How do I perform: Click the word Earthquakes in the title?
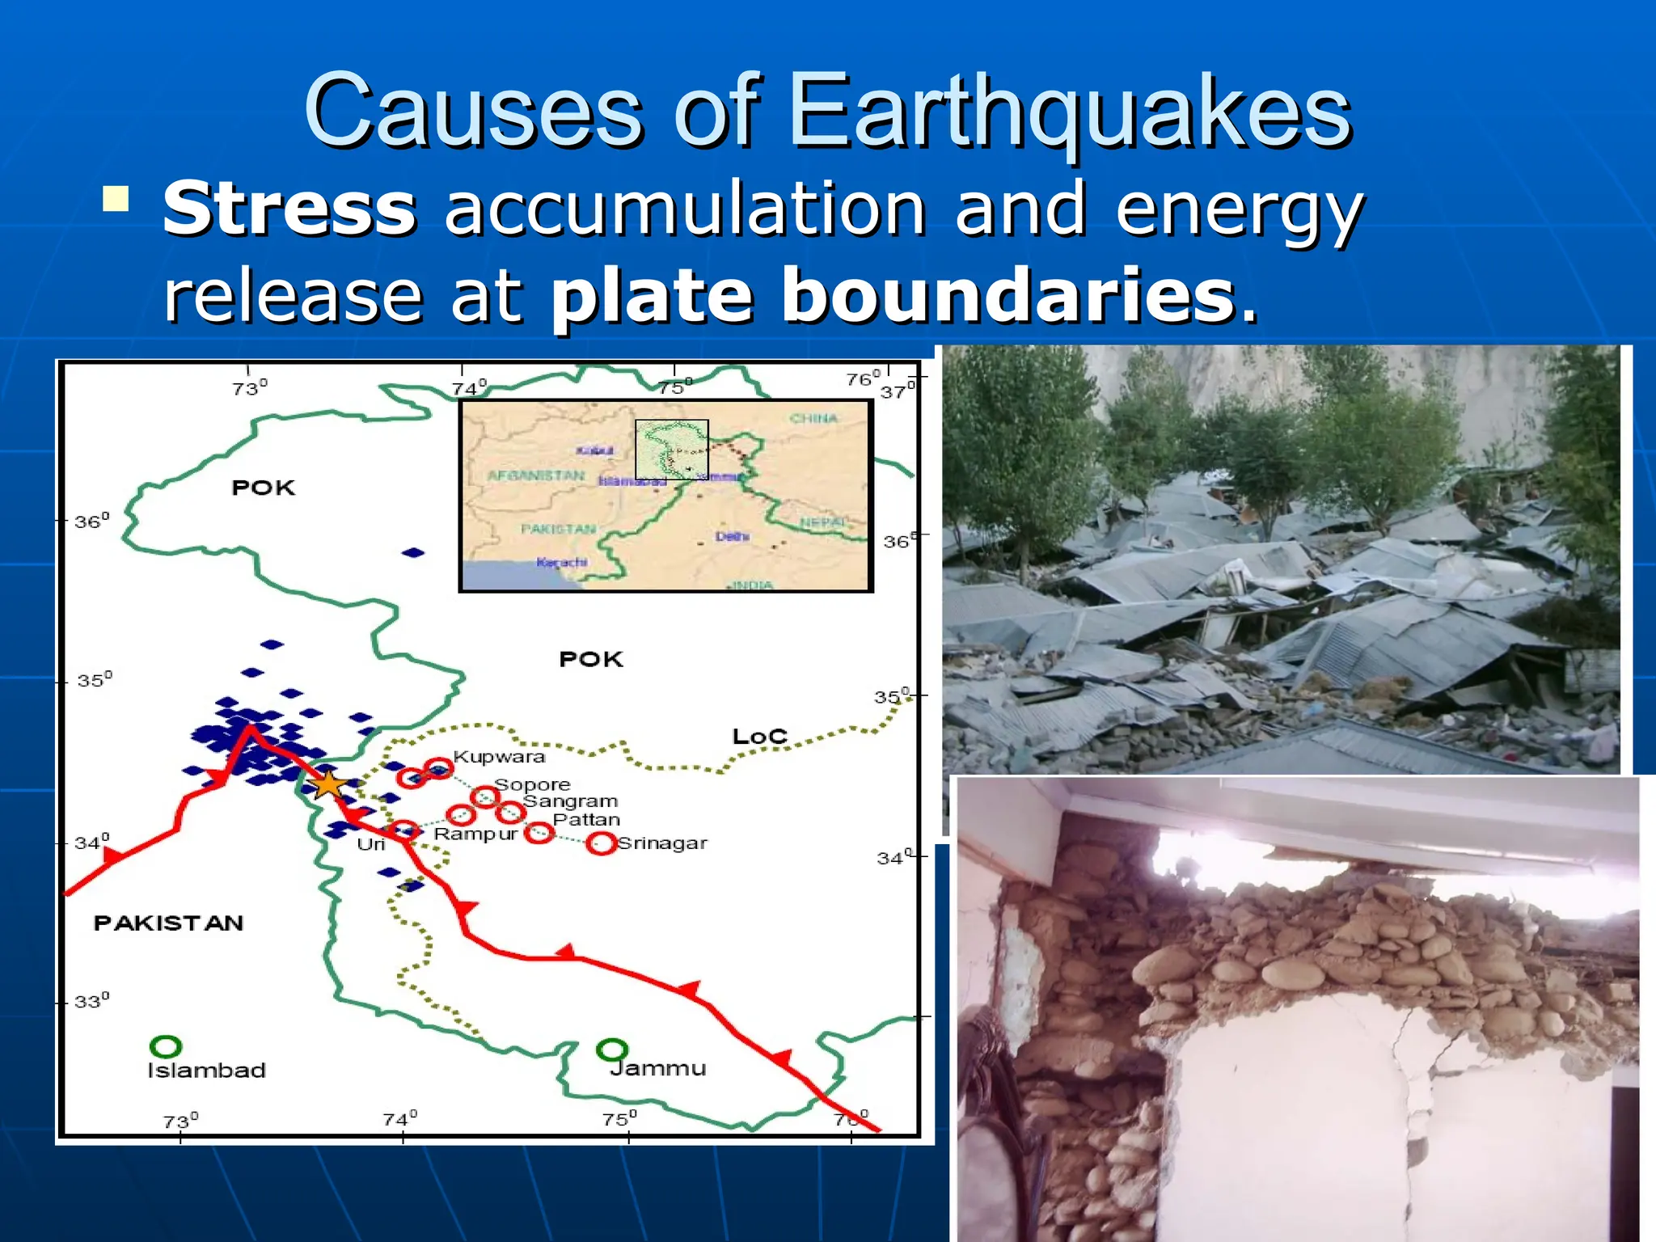(1069, 110)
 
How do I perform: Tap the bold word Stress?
(289, 209)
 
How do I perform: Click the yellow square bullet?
(116, 198)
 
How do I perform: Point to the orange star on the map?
(328, 784)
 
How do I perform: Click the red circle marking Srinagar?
(601, 843)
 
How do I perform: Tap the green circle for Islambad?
(166, 1046)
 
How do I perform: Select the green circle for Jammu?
(611, 1050)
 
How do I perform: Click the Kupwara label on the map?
(499, 757)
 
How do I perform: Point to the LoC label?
(759, 737)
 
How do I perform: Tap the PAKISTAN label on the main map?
(168, 923)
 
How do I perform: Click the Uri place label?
(371, 844)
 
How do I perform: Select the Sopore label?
(532, 784)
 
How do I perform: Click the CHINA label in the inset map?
(813, 418)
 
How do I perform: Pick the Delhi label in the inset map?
(732, 536)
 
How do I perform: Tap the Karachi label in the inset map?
(562, 562)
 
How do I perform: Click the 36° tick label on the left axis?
(91, 522)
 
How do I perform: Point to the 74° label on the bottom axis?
(399, 1119)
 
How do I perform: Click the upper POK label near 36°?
(264, 488)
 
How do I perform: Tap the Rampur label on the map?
(475, 834)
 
